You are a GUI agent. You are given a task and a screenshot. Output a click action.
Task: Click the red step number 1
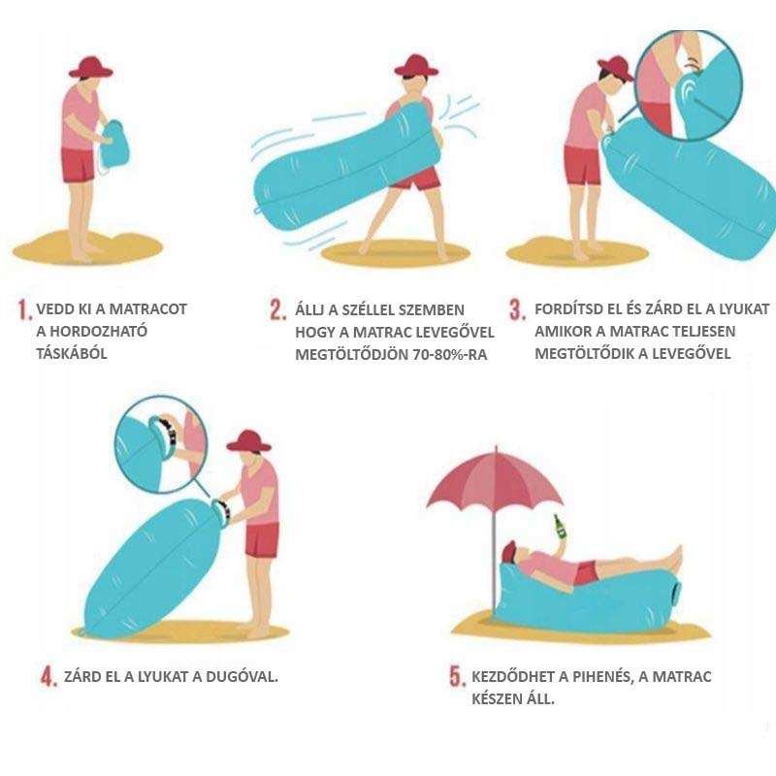click(23, 309)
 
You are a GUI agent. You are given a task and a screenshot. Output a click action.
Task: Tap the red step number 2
click(277, 309)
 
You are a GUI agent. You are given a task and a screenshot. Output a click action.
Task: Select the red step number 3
click(517, 309)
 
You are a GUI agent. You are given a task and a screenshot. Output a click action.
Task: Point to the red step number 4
click(48, 676)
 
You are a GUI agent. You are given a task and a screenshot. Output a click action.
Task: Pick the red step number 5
click(456, 676)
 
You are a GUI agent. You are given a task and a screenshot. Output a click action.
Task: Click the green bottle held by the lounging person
click(560, 527)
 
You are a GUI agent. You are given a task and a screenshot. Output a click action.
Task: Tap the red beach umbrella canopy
click(494, 481)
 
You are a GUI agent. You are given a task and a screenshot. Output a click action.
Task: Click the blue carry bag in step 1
click(114, 145)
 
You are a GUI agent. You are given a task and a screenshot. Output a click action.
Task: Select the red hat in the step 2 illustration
click(416, 66)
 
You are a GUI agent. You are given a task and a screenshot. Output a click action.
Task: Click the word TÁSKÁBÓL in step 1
click(71, 353)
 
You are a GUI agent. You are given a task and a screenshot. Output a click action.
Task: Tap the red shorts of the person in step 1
click(78, 165)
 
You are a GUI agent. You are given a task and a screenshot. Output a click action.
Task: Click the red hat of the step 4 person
click(248, 441)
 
